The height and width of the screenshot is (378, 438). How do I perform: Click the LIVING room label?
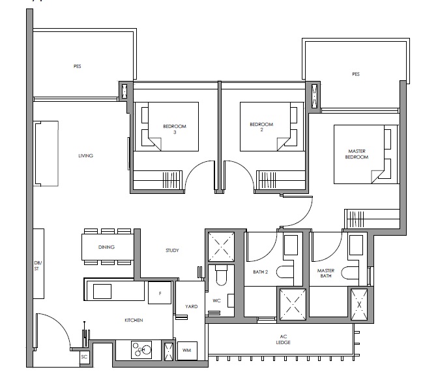85,155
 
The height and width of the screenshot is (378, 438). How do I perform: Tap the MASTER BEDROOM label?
357,154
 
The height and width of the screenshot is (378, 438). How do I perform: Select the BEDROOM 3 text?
175,129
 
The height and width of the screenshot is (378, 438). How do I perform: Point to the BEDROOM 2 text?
261,127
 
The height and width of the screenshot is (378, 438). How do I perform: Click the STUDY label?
172,251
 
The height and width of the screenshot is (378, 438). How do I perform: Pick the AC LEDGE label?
284,339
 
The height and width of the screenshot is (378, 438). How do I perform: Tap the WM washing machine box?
187,351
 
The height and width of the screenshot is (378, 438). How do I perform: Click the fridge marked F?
160,292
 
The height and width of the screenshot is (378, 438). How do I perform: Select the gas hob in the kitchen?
141,350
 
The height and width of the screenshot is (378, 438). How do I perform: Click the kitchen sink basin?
102,291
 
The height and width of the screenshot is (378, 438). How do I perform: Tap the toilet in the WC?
221,276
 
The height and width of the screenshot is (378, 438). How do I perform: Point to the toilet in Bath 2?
285,272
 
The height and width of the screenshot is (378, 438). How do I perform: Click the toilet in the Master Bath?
350,272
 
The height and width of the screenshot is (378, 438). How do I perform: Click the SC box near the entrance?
84,357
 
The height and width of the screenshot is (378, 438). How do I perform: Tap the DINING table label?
106,247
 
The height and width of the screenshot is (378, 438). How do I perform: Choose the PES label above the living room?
78,67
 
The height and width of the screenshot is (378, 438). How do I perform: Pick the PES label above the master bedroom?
356,74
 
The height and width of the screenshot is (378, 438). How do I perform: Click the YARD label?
192,306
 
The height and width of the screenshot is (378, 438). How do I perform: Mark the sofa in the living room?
46,153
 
